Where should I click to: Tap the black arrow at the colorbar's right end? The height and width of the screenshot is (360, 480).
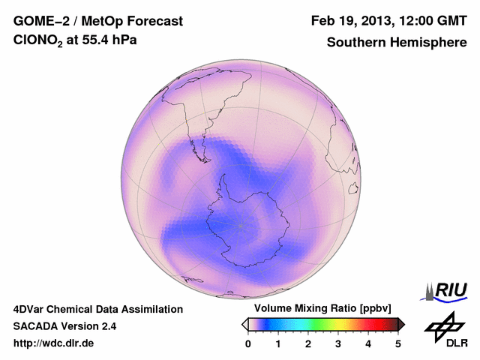[x=401, y=324]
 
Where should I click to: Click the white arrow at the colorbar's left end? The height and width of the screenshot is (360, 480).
[x=244, y=324]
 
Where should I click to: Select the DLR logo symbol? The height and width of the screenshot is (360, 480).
[x=442, y=325]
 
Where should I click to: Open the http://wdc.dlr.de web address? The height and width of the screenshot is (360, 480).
[x=54, y=343]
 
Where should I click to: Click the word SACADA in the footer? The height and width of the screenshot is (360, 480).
[x=36, y=326]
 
